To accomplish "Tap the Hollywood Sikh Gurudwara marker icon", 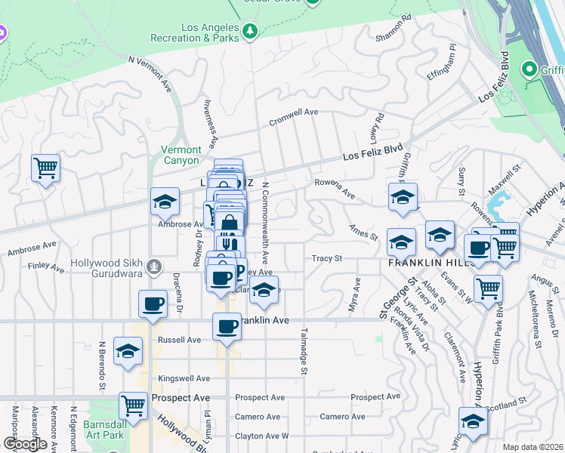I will [x=154, y=266].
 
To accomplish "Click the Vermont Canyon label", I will [x=181, y=155].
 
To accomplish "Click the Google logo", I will [x=25, y=445].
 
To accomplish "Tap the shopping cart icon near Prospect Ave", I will [x=134, y=405].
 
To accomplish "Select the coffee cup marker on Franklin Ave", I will [x=227, y=325].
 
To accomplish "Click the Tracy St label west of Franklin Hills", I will [x=328, y=258].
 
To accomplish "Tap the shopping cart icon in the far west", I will [x=45, y=168].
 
